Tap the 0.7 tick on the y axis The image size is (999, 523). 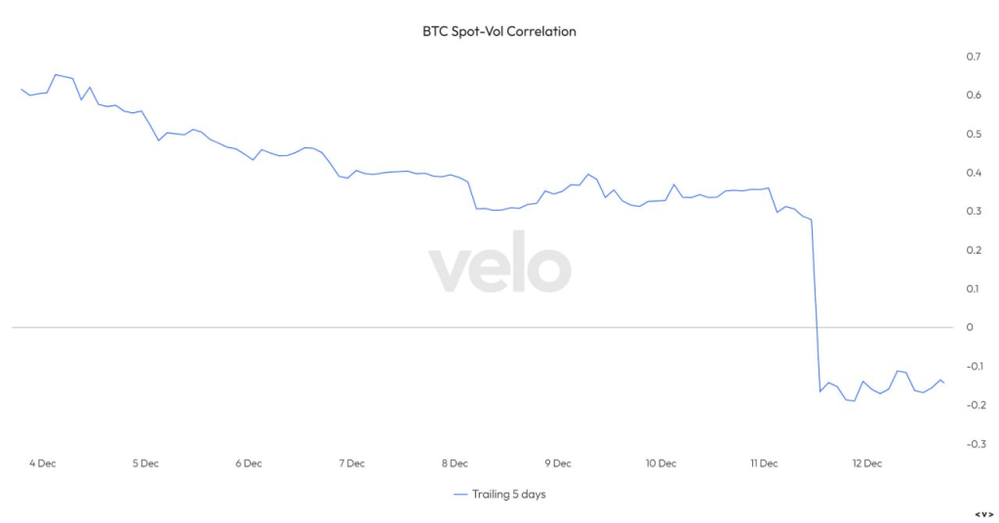972,57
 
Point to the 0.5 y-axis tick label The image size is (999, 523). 972,134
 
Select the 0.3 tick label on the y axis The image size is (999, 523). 972,211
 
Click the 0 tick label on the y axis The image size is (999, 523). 969,327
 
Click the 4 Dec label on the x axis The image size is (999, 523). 43,463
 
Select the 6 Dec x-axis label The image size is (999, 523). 249,463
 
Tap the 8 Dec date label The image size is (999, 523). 455,463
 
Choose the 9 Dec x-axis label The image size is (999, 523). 558,463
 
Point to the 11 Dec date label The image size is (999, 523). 764,463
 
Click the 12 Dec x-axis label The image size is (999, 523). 866,463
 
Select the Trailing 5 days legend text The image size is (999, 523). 508,495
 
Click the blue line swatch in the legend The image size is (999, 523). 461,495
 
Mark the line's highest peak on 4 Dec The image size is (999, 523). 56,74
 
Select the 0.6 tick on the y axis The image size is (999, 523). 972,95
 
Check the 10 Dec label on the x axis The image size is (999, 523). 660,463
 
